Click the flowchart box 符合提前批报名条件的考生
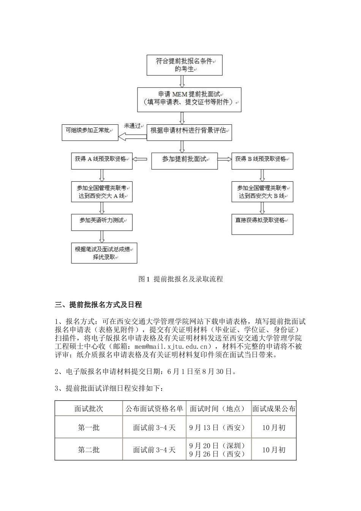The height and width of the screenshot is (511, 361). click(x=184, y=65)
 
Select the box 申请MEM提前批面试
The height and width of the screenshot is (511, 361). click(x=189, y=98)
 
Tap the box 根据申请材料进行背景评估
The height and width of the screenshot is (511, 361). click(x=189, y=131)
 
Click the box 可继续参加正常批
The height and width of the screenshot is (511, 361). click(x=90, y=131)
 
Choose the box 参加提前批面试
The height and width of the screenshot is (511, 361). click(x=184, y=160)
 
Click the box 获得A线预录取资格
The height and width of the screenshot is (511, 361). click(x=101, y=160)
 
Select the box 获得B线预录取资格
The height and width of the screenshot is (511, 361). click(x=262, y=160)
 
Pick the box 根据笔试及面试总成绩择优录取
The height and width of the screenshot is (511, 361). click(x=104, y=253)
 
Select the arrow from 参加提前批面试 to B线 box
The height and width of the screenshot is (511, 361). click(x=224, y=159)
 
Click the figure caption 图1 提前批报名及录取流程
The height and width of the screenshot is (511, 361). click(x=180, y=279)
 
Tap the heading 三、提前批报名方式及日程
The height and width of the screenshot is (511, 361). click(x=98, y=305)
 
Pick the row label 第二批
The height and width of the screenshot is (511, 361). click(x=89, y=450)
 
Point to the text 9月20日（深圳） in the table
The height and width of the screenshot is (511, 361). click(x=217, y=446)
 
